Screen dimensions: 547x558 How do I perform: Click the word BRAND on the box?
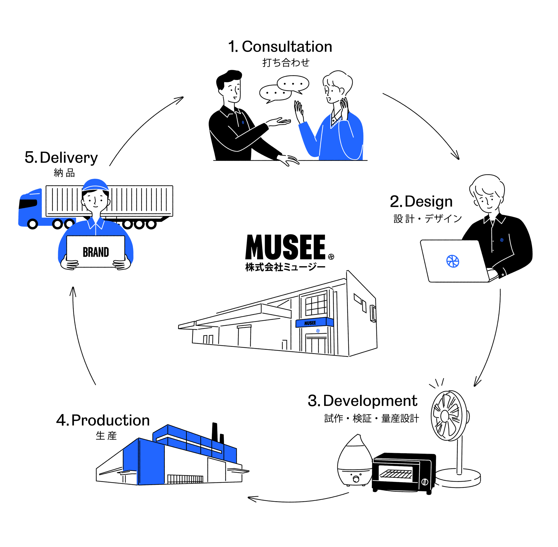click(x=96, y=252)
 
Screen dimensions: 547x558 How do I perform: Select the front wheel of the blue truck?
click(x=33, y=224)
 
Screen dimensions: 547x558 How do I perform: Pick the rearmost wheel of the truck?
click(x=69, y=224)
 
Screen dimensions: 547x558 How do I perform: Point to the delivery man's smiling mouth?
click(x=96, y=206)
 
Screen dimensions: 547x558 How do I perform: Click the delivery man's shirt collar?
click(x=96, y=223)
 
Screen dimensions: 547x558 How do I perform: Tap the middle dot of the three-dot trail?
click(x=139, y=224)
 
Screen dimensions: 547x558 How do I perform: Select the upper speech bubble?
click(x=293, y=83)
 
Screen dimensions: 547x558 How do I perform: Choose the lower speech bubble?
click(x=275, y=93)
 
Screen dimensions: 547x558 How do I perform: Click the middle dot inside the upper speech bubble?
click(x=293, y=84)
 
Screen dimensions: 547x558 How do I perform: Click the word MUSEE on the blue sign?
click(x=310, y=323)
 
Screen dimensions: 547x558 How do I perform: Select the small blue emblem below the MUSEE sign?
click(x=318, y=331)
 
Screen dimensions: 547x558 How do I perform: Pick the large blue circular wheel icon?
click(x=452, y=261)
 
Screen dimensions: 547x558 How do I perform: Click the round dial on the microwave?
click(x=425, y=482)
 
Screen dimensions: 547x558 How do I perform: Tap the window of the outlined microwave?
click(x=396, y=474)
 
